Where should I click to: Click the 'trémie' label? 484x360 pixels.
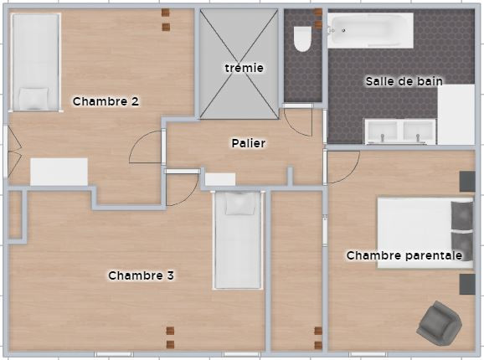coord(245,68)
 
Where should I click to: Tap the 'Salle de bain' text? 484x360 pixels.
coord(404,81)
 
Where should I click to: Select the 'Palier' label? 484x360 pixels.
coord(249,143)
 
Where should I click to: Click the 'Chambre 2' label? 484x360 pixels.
coord(106,101)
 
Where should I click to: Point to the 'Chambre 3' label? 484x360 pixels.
coord(141,275)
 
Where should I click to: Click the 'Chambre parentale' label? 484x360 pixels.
coord(404,255)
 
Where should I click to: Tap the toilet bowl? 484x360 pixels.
coord(302,39)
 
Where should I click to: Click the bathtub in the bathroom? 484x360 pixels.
coord(370,30)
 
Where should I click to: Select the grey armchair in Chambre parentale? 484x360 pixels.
coord(439,323)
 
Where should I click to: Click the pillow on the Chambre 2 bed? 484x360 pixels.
coord(33,98)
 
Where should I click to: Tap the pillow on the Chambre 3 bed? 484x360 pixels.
coord(240,203)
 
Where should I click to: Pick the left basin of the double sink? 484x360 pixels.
coord(382,130)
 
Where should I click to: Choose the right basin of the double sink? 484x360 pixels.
coord(418,130)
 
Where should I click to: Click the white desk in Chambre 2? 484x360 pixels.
coord(59,172)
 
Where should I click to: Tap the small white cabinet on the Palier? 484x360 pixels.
coord(220,179)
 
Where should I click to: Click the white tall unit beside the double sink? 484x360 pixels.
coord(456,115)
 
